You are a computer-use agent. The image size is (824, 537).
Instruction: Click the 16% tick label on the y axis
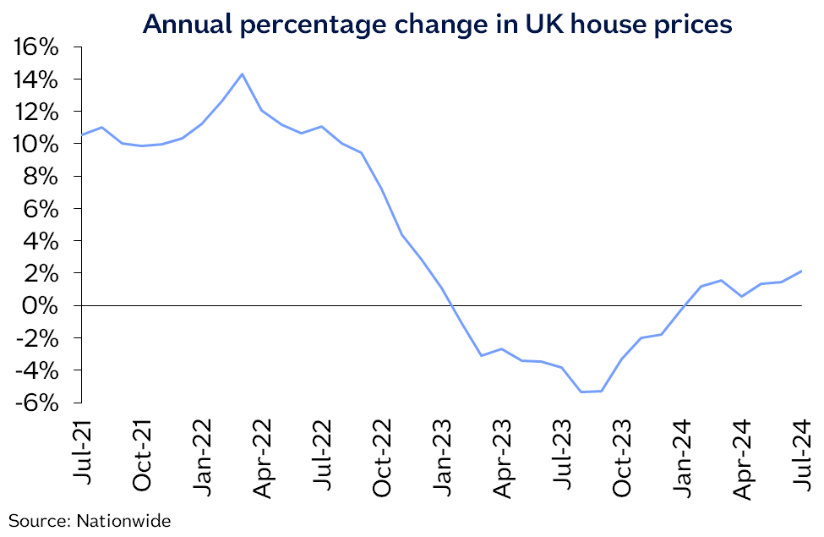[x=35, y=47]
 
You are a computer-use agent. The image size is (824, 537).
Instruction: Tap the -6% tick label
[x=37, y=403]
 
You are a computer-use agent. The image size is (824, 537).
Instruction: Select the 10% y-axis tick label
[x=35, y=144]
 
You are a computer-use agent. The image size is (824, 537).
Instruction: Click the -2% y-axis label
[x=37, y=337]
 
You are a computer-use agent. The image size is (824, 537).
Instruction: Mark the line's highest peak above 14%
[x=243, y=74]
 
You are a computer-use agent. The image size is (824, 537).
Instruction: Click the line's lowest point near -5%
[x=582, y=392]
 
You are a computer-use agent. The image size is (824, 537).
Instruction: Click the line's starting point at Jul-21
[x=83, y=135]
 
